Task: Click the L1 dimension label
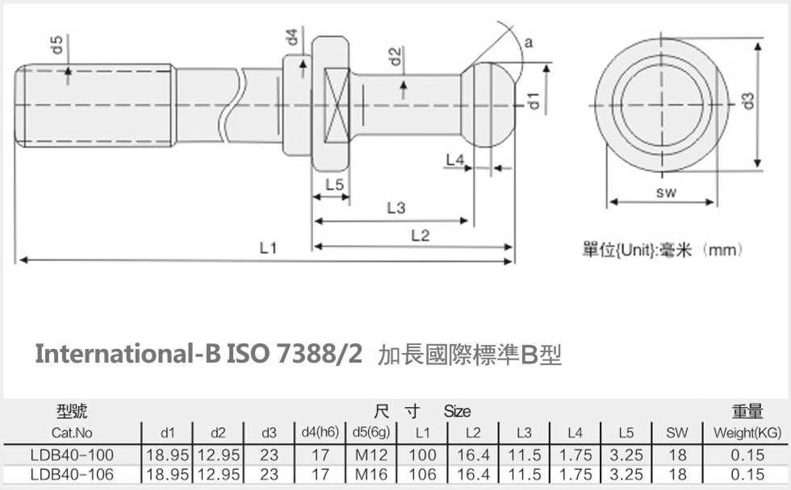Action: tap(268, 249)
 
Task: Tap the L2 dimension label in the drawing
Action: tap(420, 235)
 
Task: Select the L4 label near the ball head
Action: tap(455, 160)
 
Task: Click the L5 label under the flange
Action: tap(334, 185)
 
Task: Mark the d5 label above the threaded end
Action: tap(57, 44)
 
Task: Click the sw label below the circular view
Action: tap(665, 192)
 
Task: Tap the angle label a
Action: tap(528, 44)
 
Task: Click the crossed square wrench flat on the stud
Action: tap(336, 105)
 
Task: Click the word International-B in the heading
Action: tap(127, 354)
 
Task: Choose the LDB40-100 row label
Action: tap(72, 455)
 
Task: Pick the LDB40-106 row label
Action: tap(72, 475)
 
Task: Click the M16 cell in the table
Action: tap(372, 475)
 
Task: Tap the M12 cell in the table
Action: tap(372, 455)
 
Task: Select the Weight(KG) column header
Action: tap(747, 434)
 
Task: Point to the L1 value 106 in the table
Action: tap(422, 475)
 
